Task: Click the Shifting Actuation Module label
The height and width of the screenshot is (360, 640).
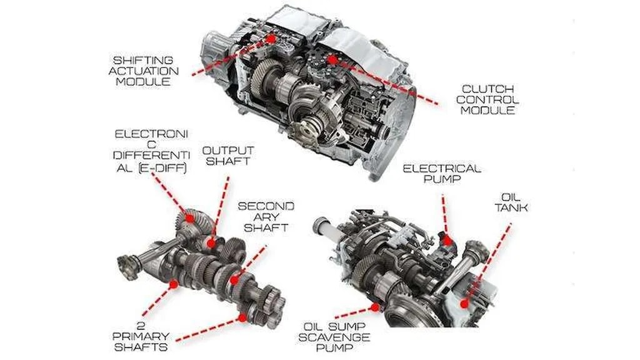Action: click(143, 71)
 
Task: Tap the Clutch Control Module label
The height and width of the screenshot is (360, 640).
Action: click(487, 99)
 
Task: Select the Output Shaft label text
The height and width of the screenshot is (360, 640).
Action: click(228, 156)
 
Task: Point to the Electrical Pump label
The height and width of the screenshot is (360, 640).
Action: click(442, 174)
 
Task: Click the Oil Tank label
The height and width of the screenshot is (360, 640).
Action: click(511, 202)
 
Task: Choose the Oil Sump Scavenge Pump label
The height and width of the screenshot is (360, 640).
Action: click(334, 337)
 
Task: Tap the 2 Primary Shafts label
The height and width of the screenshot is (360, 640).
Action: click(141, 337)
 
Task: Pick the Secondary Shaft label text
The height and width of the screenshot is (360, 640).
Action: click(266, 217)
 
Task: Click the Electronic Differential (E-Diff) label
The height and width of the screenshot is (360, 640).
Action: click(151, 151)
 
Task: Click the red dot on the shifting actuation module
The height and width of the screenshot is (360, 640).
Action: click(271, 38)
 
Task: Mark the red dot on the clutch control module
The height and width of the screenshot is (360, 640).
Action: click(333, 60)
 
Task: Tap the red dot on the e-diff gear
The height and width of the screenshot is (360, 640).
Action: click(190, 218)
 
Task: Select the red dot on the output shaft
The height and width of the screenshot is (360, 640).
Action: click(211, 244)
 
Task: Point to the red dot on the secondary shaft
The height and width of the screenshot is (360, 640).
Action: click(234, 280)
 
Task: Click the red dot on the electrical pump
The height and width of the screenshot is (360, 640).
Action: click(447, 241)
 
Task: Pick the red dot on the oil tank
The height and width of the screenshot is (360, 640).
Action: click(464, 304)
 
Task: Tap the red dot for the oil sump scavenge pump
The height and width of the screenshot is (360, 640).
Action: click(375, 307)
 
